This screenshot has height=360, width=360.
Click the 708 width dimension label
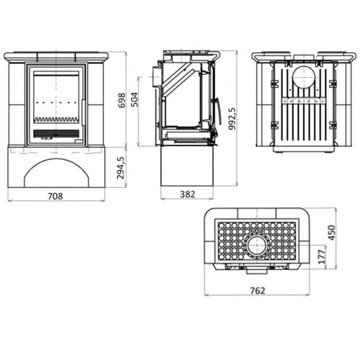point(55,196)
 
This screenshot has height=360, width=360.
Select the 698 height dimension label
point(122,101)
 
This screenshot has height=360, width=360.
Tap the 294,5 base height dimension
point(121,168)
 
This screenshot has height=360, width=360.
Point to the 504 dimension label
point(135,99)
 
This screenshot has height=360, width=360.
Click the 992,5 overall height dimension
point(232,119)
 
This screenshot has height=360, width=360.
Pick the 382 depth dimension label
point(187,194)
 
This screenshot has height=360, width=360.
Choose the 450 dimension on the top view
point(331,233)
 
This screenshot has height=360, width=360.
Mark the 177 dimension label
point(323,256)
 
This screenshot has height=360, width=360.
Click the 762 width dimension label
point(258,291)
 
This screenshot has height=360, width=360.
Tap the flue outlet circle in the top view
point(256,246)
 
